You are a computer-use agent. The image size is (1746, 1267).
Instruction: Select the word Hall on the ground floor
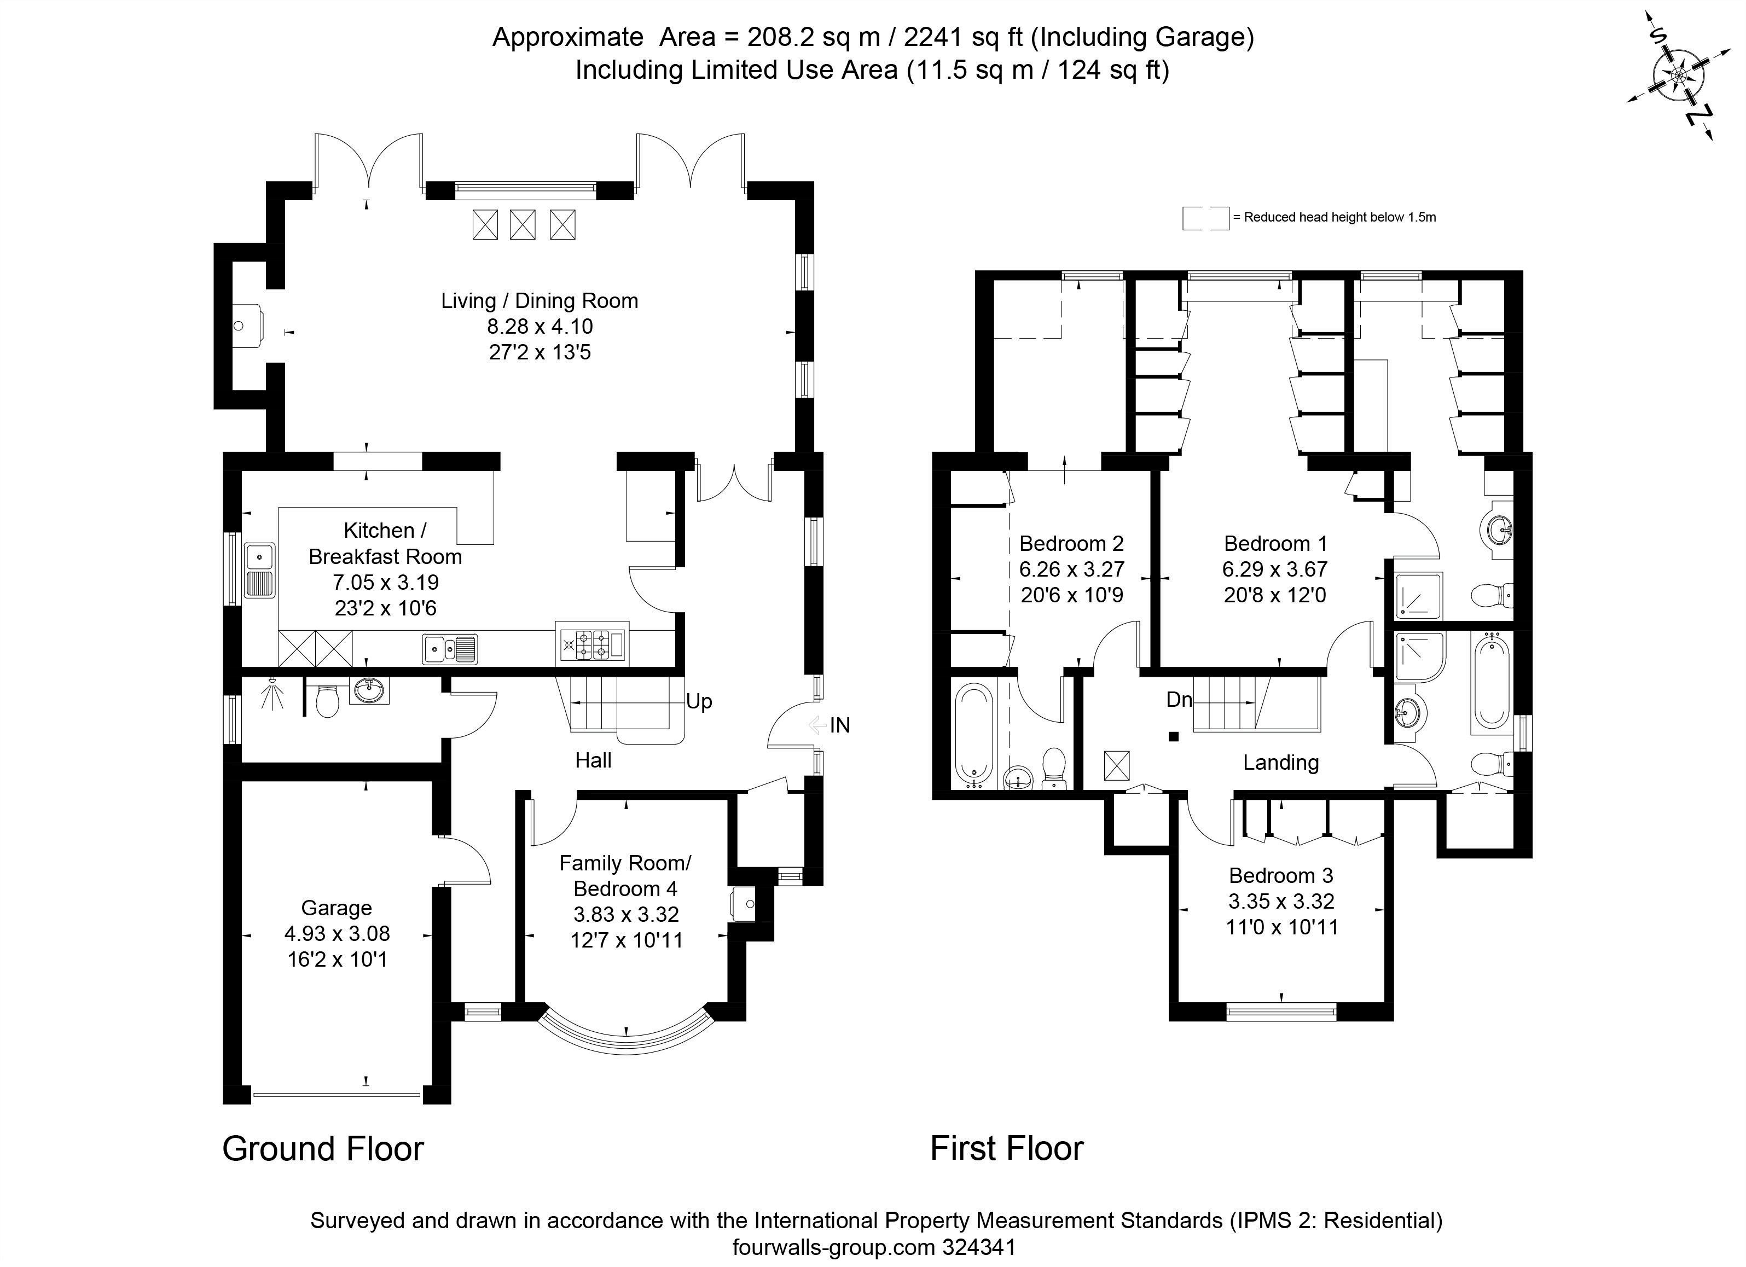(593, 760)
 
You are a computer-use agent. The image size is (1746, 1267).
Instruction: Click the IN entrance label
(839, 725)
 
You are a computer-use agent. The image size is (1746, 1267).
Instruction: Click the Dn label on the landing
(1179, 699)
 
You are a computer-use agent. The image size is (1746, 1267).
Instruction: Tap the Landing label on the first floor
(1280, 762)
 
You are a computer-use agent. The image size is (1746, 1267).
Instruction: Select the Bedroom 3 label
(1280, 875)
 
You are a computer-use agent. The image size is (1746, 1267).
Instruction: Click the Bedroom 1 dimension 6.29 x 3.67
(1274, 569)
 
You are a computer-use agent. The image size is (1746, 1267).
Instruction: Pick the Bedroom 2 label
(1071, 543)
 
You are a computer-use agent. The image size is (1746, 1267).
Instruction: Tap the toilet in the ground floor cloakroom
(328, 700)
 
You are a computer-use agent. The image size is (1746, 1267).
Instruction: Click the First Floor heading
(1006, 1148)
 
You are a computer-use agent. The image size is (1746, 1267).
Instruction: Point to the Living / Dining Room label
(539, 300)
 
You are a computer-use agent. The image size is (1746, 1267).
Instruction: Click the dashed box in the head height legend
(1205, 218)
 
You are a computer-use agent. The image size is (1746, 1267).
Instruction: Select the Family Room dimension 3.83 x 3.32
(626, 915)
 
